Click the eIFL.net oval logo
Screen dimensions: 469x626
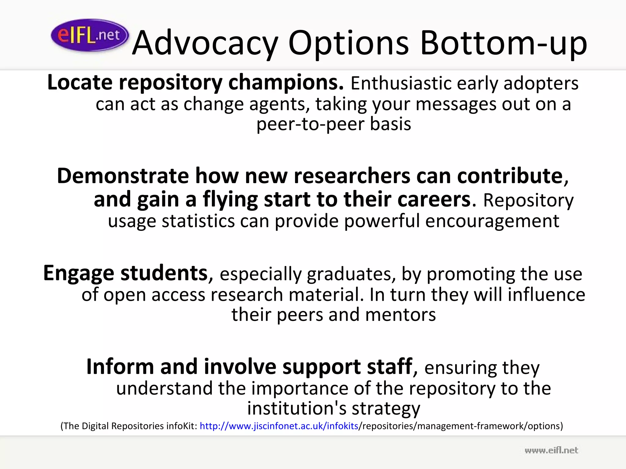tap(90, 35)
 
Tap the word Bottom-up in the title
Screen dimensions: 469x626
tap(503, 43)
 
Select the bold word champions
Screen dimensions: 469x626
tap(286, 83)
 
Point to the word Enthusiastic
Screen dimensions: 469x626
tap(401, 83)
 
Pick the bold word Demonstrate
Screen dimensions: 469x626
tap(123, 176)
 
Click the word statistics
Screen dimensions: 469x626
tap(198, 221)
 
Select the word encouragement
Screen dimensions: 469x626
tap(492, 221)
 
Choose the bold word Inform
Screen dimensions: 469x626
tap(120, 367)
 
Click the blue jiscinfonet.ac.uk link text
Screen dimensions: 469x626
tap(279, 426)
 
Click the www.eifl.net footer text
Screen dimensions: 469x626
tap(551, 450)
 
